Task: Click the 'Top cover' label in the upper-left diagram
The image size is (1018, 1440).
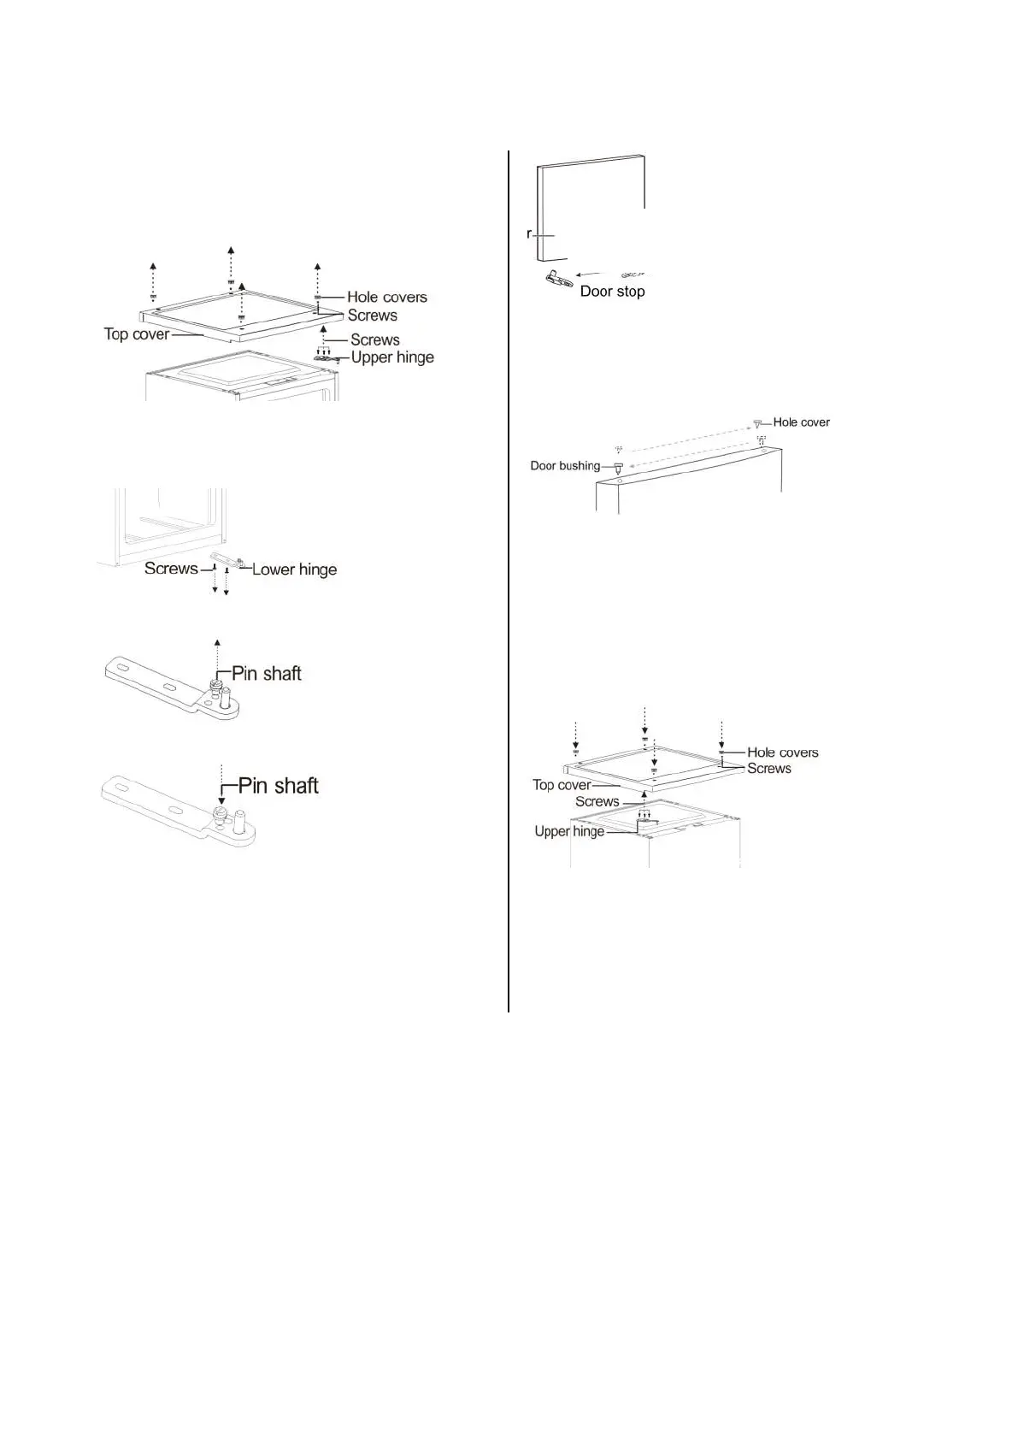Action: pyautogui.click(x=137, y=334)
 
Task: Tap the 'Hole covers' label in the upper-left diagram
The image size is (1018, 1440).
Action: pyautogui.click(x=386, y=298)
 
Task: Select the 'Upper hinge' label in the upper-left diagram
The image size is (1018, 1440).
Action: pyautogui.click(x=392, y=357)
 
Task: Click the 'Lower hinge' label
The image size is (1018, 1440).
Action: pyautogui.click(x=294, y=570)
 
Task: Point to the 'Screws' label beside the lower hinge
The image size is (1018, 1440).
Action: pyautogui.click(x=171, y=569)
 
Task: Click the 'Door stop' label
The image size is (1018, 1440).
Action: pyautogui.click(x=612, y=292)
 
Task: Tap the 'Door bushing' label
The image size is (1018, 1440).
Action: pyautogui.click(x=565, y=466)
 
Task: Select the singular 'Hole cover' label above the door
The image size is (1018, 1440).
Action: pyautogui.click(x=801, y=422)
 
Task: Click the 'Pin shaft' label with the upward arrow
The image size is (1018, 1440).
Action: pyautogui.click(x=267, y=674)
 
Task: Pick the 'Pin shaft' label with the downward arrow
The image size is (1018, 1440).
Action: pyautogui.click(x=278, y=786)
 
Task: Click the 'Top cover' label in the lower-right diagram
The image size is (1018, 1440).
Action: pyautogui.click(x=562, y=785)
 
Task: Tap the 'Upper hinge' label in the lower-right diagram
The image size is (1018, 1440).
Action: pyautogui.click(x=569, y=831)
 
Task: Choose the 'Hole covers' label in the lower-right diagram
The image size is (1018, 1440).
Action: pyautogui.click(x=782, y=752)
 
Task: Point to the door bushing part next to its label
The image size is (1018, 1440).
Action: pyautogui.click(x=618, y=468)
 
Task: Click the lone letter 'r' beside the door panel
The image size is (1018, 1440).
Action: pyautogui.click(x=530, y=233)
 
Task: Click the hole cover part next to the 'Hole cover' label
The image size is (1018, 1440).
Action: pyautogui.click(x=757, y=423)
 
